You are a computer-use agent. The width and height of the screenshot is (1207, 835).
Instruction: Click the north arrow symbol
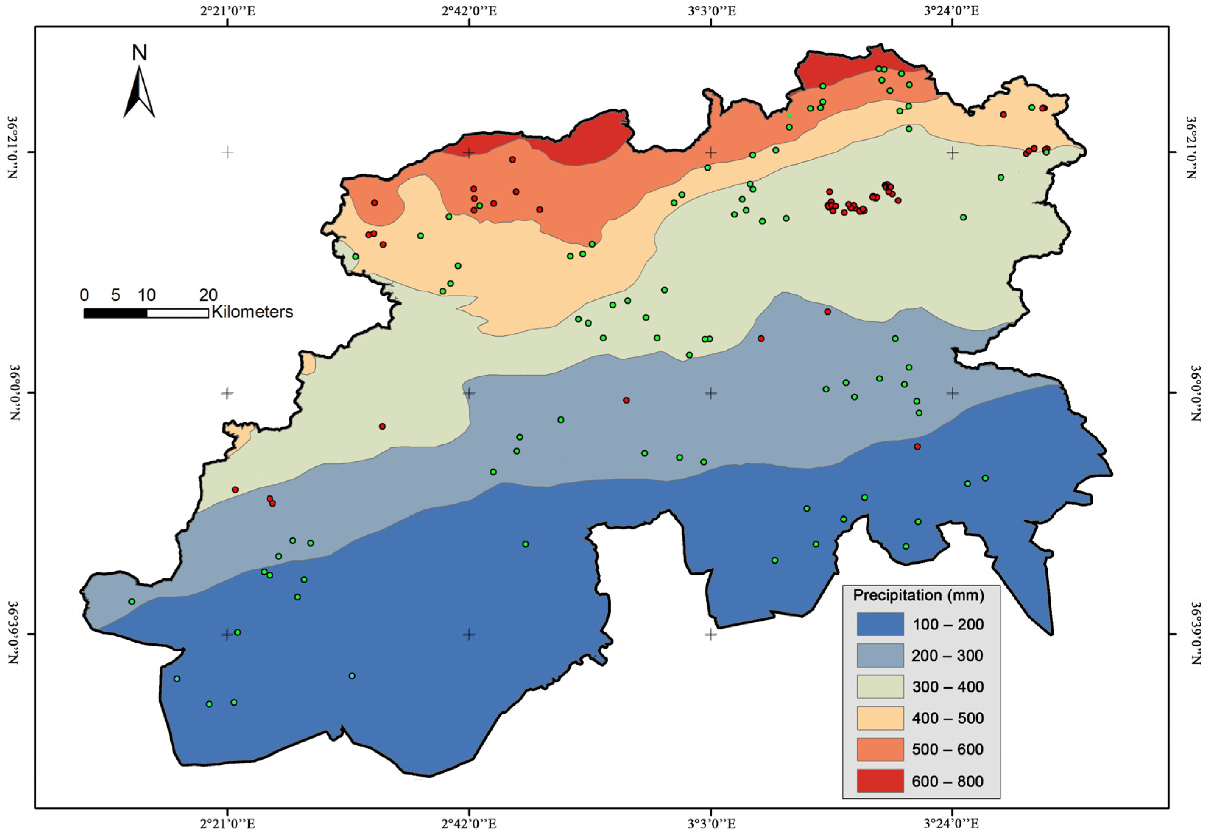[x=139, y=93]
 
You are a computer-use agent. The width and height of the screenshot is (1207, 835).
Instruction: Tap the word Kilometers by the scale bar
[x=252, y=312]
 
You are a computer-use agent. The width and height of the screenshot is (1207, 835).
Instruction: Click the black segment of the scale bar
[x=115, y=313]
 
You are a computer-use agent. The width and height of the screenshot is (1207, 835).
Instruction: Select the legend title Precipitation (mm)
[x=918, y=596]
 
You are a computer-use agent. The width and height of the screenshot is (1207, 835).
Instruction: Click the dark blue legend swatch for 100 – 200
[x=880, y=624]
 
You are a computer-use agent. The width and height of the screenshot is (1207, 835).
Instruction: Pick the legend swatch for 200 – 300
[x=880, y=655]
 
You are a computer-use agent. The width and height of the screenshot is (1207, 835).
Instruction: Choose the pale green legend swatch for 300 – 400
[x=880, y=686]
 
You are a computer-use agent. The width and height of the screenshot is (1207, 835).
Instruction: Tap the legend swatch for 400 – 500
[x=880, y=718]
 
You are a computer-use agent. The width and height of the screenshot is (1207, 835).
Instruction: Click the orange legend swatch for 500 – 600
[x=880, y=749]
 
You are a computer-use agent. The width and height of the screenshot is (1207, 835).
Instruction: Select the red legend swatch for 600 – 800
[x=880, y=781]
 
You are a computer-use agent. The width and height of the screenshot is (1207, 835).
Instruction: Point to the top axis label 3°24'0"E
[x=952, y=10]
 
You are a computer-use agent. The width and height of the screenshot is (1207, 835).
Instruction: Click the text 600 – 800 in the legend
[x=947, y=782]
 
